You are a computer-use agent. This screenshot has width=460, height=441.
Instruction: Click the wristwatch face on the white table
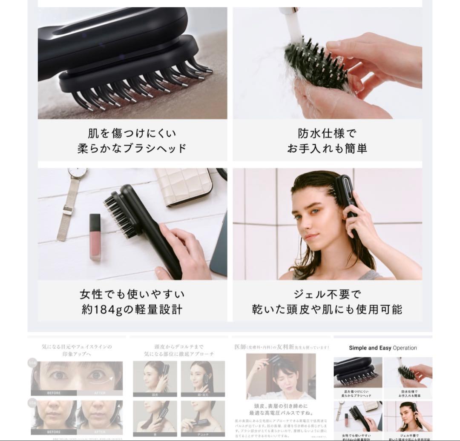click(77, 173)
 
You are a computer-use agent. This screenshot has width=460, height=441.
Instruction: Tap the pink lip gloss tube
click(95, 236)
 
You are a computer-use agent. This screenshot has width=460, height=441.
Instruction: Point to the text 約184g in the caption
click(101, 309)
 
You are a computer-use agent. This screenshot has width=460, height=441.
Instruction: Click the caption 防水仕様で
click(327, 133)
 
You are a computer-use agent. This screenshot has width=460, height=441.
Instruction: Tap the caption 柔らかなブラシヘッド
click(132, 149)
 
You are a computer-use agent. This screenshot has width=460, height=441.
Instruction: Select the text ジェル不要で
click(327, 294)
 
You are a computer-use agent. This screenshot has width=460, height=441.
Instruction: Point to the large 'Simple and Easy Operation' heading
click(383, 348)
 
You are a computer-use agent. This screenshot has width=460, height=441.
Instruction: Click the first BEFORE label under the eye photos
click(54, 393)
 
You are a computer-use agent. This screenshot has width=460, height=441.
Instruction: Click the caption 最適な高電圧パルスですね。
click(282, 412)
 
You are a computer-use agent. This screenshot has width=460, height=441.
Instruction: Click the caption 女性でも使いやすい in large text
click(132, 294)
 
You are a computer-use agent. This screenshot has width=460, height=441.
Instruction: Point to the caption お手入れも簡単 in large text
click(327, 149)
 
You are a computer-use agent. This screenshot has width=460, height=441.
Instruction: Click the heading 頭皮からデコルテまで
click(178, 347)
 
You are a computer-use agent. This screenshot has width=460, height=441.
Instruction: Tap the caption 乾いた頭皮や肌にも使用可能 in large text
click(327, 309)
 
